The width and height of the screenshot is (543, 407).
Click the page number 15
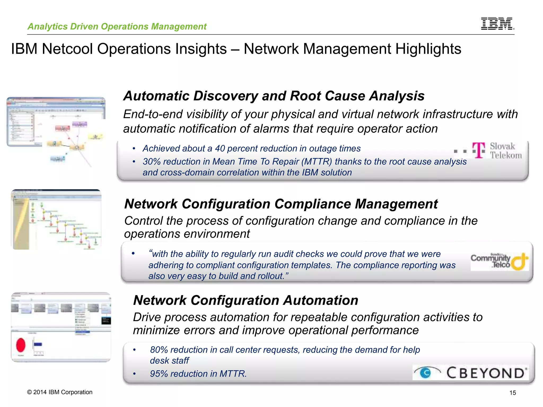tap(513, 393)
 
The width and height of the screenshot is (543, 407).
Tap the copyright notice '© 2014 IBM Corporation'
tap(60, 392)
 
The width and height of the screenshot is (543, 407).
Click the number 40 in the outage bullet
tap(220, 148)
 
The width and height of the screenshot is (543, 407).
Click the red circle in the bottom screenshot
tap(21, 345)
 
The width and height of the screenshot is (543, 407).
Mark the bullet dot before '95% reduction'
tap(134, 374)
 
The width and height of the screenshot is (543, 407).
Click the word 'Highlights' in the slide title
tap(428, 49)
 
